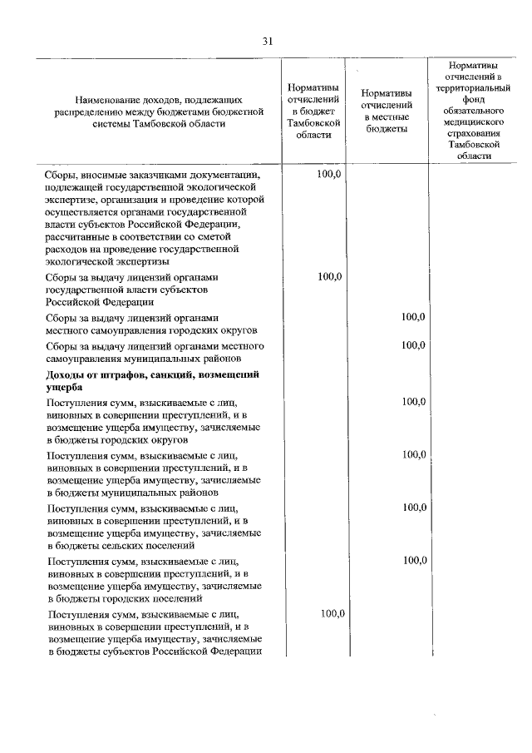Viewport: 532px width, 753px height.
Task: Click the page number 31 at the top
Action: pyautogui.click(x=267, y=41)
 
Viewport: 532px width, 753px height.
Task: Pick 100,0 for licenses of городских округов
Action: pyautogui.click(x=413, y=317)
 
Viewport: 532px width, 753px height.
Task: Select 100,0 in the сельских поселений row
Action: pyautogui.click(x=413, y=508)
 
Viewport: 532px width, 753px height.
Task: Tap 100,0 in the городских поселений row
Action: pyautogui.click(x=413, y=561)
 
